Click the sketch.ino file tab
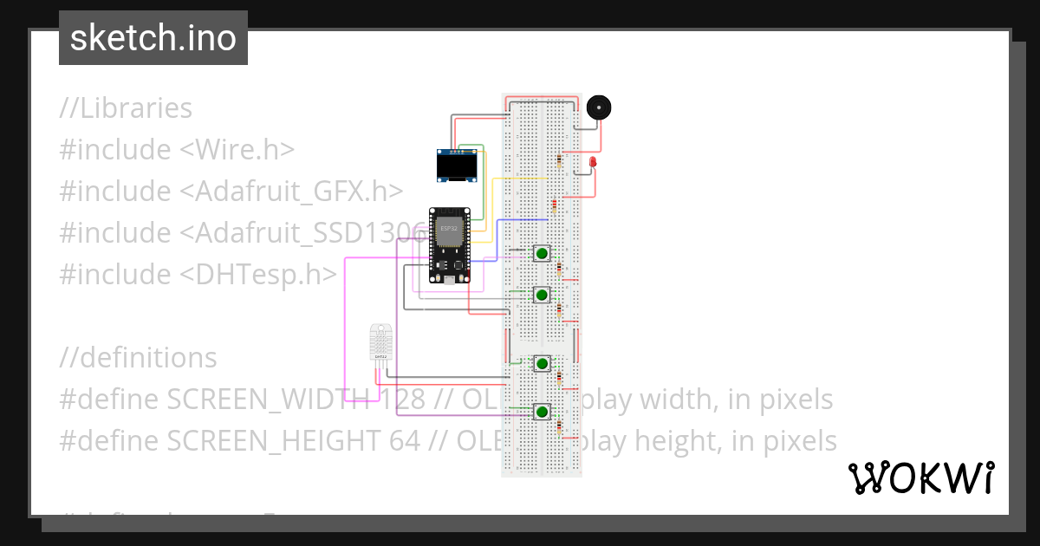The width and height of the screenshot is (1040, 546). point(153,38)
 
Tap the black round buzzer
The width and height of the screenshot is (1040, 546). point(598,107)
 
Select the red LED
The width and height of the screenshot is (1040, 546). point(593,163)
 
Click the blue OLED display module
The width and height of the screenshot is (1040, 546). point(457,165)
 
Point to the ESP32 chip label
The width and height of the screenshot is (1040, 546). point(449,229)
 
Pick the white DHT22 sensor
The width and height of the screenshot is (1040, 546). point(380,342)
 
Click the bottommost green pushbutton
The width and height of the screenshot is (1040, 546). point(542,411)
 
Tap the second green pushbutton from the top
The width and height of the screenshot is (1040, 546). point(542,296)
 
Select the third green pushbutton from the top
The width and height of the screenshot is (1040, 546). point(542,364)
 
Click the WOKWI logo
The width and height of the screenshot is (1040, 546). point(921,478)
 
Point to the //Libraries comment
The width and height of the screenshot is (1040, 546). point(126,108)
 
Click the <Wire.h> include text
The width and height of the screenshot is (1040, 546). point(237,150)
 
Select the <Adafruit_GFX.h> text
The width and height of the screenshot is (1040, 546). point(290,192)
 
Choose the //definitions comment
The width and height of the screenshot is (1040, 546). point(138,358)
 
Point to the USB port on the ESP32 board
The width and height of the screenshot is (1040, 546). point(450,280)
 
